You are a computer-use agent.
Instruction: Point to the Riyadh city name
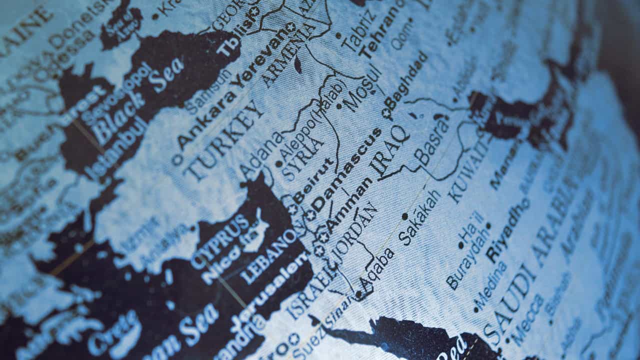(507, 230)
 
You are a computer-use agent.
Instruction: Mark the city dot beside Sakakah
(404, 216)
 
